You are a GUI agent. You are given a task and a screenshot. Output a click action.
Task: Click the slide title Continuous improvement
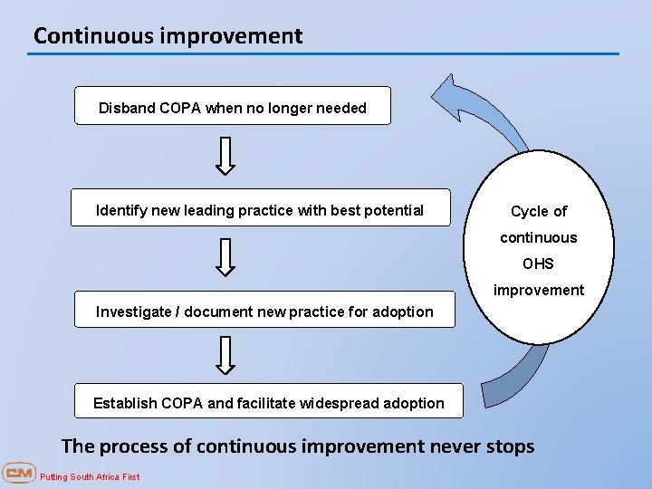pyautogui.click(x=168, y=36)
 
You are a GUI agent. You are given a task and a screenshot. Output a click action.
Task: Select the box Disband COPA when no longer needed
pyautogui.click(x=232, y=106)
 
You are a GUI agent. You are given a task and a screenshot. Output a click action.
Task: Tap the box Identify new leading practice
pyautogui.click(x=260, y=207)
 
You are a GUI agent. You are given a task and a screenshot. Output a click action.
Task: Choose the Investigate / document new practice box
pyautogui.click(x=264, y=309)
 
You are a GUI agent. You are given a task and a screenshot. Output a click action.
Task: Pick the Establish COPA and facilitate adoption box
pyautogui.click(x=269, y=400)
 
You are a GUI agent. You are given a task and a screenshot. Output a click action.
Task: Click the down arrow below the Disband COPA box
pyautogui.click(x=226, y=156)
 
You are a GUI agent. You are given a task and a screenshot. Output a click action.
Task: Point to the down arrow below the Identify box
pyautogui.click(x=226, y=257)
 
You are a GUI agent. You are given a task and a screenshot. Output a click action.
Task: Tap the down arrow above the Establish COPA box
pyautogui.click(x=226, y=355)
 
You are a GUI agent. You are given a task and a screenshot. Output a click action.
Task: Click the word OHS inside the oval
pyautogui.click(x=539, y=264)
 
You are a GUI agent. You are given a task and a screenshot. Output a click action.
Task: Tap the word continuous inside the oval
pyautogui.click(x=539, y=237)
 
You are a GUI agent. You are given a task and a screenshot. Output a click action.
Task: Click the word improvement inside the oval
pyautogui.click(x=539, y=290)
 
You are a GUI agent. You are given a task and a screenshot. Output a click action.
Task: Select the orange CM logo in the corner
pyautogui.click(x=18, y=473)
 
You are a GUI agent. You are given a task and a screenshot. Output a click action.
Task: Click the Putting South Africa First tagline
pyautogui.click(x=90, y=476)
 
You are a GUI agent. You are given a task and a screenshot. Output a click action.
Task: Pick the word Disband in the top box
pyautogui.click(x=127, y=108)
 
